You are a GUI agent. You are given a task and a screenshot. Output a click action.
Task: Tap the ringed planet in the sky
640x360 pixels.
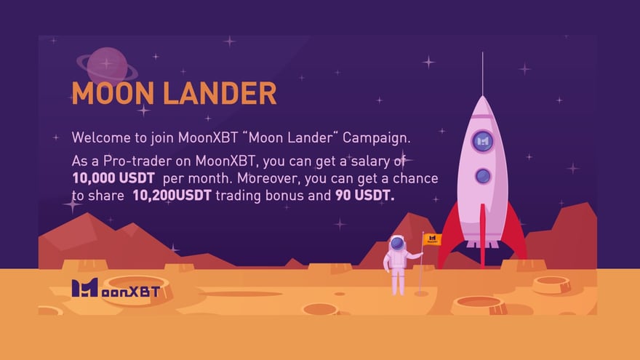106,65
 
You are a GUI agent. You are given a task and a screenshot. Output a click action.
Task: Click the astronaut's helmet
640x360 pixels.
397,244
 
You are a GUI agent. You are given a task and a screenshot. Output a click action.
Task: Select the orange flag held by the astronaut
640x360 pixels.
432,239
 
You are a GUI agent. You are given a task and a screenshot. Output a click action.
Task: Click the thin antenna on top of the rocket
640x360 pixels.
482,73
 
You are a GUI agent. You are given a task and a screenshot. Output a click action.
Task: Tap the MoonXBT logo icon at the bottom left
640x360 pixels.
84,288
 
